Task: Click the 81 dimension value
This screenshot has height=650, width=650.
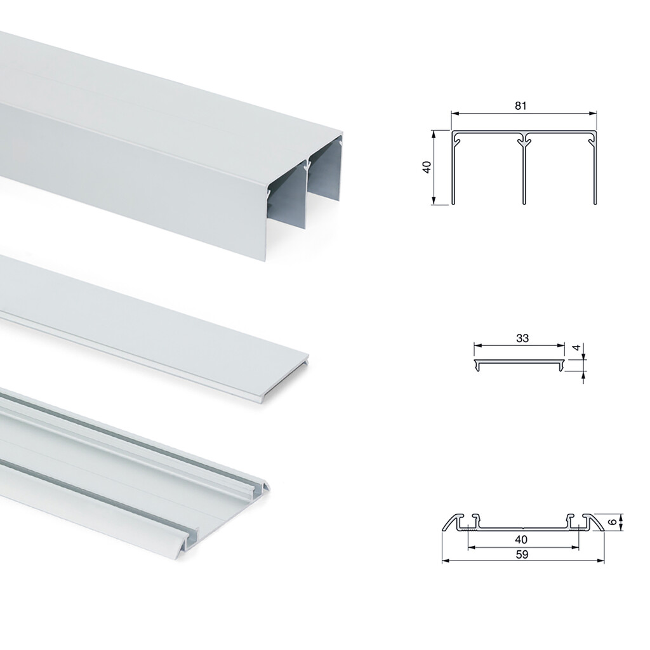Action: coord(521,106)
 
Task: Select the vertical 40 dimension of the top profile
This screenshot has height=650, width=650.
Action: coord(427,168)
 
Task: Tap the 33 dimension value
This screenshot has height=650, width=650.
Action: coord(522,338)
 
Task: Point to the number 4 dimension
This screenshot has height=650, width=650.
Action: coord(575,348)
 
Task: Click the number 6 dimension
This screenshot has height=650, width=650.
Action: coord(611,522)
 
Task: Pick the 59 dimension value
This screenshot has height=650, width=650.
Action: coord(522,554)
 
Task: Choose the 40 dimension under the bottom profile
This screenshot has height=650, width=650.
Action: coord(522,540)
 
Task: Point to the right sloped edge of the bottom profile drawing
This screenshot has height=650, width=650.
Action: coord(596,521)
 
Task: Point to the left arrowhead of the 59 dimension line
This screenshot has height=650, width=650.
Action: coord(445,561)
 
